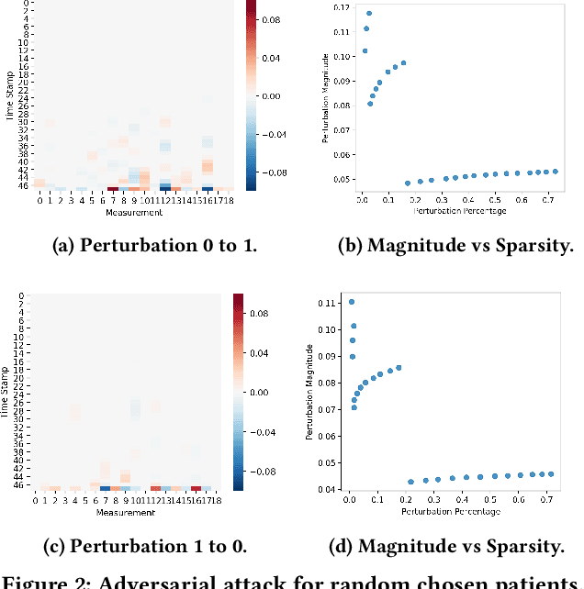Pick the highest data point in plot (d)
[x=351, y=302]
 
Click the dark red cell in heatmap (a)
[x=112, y=190]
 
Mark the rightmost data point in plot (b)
[x=556, y=172]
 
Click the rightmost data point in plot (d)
[x=551, y=474]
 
